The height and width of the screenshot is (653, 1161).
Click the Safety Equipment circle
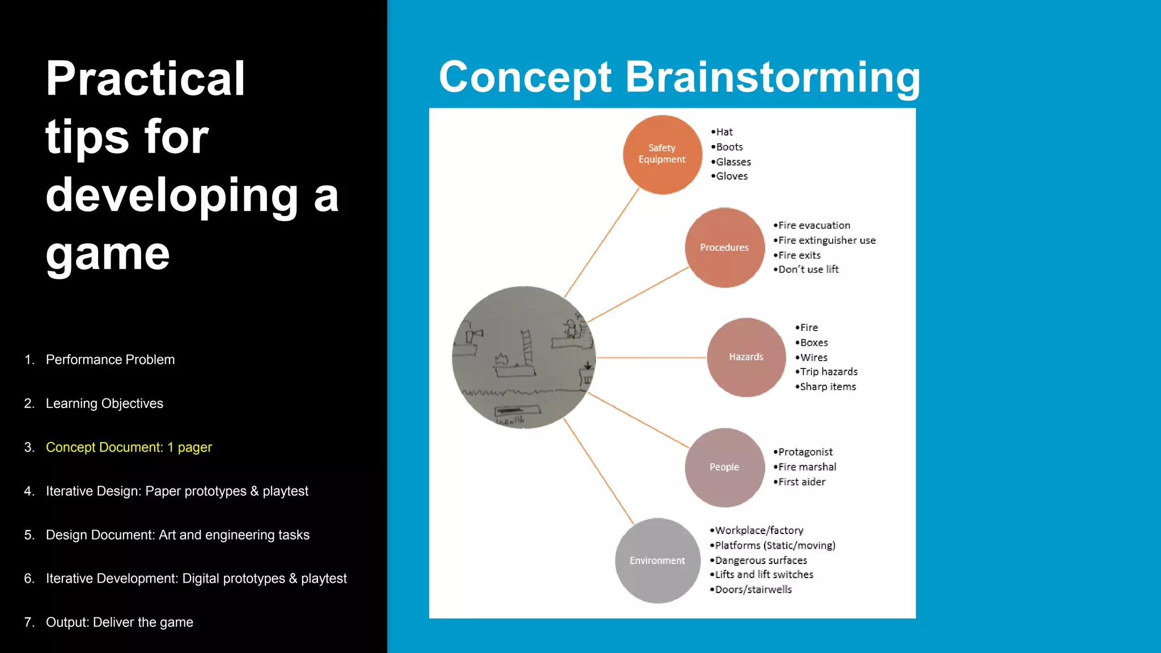662,154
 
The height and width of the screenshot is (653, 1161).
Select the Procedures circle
724,248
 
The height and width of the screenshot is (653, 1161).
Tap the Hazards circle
746,357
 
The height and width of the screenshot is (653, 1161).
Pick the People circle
724,467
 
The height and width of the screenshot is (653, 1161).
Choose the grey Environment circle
657,561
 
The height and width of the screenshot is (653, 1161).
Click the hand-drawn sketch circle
523,357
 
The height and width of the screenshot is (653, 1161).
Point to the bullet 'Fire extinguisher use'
826,240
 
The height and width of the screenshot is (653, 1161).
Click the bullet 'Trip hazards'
828,372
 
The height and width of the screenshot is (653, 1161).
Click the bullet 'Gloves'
731,176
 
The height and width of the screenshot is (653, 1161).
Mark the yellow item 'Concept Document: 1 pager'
129,447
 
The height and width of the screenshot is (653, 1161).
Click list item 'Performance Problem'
110,360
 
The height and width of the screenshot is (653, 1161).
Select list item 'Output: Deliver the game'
119,622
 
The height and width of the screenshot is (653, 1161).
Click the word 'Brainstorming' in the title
772,77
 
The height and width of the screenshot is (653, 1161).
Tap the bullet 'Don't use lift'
808,270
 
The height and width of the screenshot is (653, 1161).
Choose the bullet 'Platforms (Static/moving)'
774,545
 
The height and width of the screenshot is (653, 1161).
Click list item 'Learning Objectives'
104,404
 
